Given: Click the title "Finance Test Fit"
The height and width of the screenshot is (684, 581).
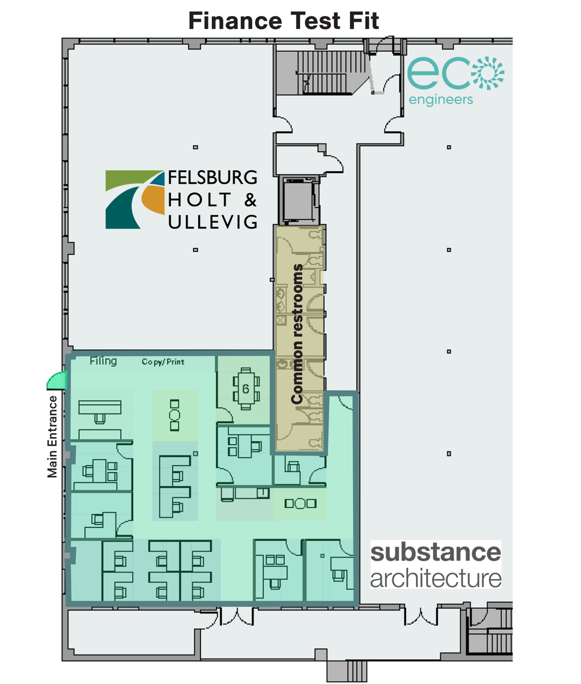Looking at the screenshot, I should pos(283,22).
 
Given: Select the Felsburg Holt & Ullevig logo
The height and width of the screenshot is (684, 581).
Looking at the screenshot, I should pos(181,199).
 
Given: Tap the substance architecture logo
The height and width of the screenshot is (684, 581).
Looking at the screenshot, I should pos(436,565).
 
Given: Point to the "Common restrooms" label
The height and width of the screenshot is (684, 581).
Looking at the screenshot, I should pos(297,334).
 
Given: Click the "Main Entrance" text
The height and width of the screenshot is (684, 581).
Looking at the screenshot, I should pos(52,436).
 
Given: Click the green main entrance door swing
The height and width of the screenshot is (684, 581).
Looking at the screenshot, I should pos(58,380).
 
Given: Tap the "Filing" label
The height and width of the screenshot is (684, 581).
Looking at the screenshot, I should pos(103,361).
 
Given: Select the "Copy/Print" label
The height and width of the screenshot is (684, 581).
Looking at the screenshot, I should pos(163,362).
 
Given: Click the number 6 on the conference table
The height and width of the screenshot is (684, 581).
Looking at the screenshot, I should pos(246,389).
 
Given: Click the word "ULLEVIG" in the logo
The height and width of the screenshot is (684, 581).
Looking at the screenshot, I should pos(212,221).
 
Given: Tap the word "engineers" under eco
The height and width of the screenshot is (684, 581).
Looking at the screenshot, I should pos(441,100).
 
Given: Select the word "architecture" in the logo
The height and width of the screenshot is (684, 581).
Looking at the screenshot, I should pos(436,578).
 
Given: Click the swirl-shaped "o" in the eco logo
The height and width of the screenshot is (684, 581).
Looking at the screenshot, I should pos(489,73).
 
